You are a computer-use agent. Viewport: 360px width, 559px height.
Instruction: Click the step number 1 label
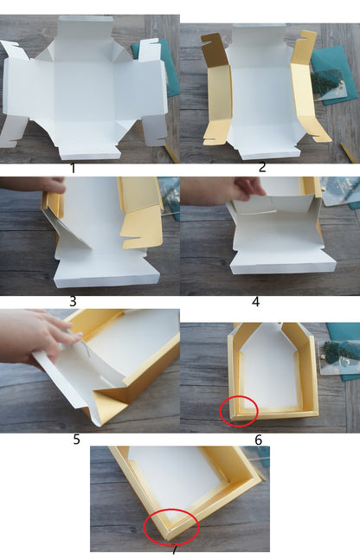73,168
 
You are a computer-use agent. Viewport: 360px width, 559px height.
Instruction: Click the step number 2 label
262,168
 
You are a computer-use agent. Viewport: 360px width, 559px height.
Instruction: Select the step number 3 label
73,300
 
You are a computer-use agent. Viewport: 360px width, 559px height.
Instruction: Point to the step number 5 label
76,439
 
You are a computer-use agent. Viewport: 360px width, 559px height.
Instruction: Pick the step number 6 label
258,439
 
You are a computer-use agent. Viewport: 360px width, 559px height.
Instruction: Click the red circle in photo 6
238,410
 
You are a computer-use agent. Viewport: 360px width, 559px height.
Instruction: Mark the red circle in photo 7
170,526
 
